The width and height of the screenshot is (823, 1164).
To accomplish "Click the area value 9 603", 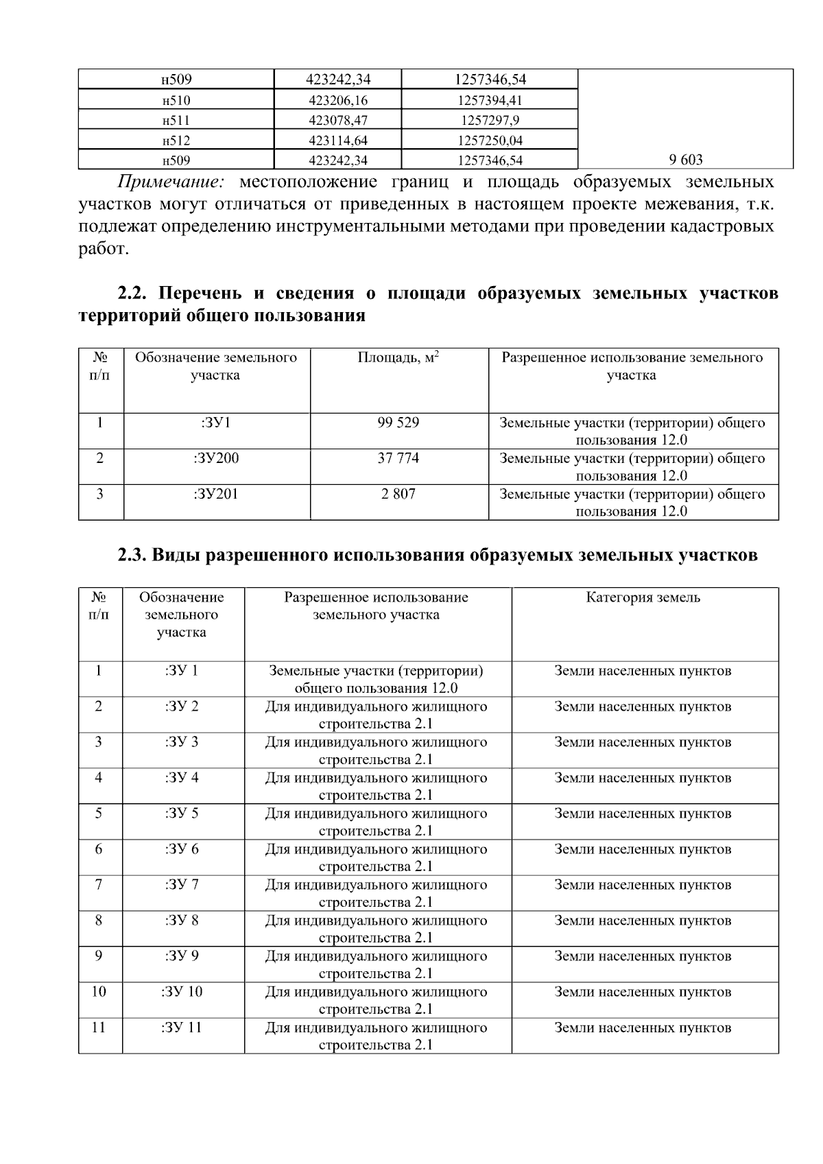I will [x=685, y=161].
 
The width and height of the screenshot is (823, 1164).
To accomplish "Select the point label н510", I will [x=176, y=101].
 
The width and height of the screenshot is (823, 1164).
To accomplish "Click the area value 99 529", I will [x=398, y=423].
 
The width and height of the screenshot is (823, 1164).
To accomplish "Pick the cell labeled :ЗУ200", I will [x=216, y=458].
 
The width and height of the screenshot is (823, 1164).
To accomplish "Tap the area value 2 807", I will [x=398, y=494].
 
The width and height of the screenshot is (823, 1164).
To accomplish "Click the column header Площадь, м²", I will [x=398, y=358].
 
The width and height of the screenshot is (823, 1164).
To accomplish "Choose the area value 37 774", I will [x=398, y=458].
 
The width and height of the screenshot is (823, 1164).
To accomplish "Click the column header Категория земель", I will [x=643, y=597].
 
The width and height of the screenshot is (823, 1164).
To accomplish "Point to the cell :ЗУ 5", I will [x=182, y=813].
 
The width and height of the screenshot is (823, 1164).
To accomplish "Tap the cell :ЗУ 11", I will [x=182, y=1028].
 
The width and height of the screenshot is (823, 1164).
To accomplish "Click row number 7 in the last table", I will [x=99, y=885].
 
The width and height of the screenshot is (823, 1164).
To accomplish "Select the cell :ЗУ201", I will [x=216, y=494].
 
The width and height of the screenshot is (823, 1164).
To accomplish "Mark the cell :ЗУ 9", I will [x=182, y=956].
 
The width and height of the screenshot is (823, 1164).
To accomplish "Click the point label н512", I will [x=176, y=141].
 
